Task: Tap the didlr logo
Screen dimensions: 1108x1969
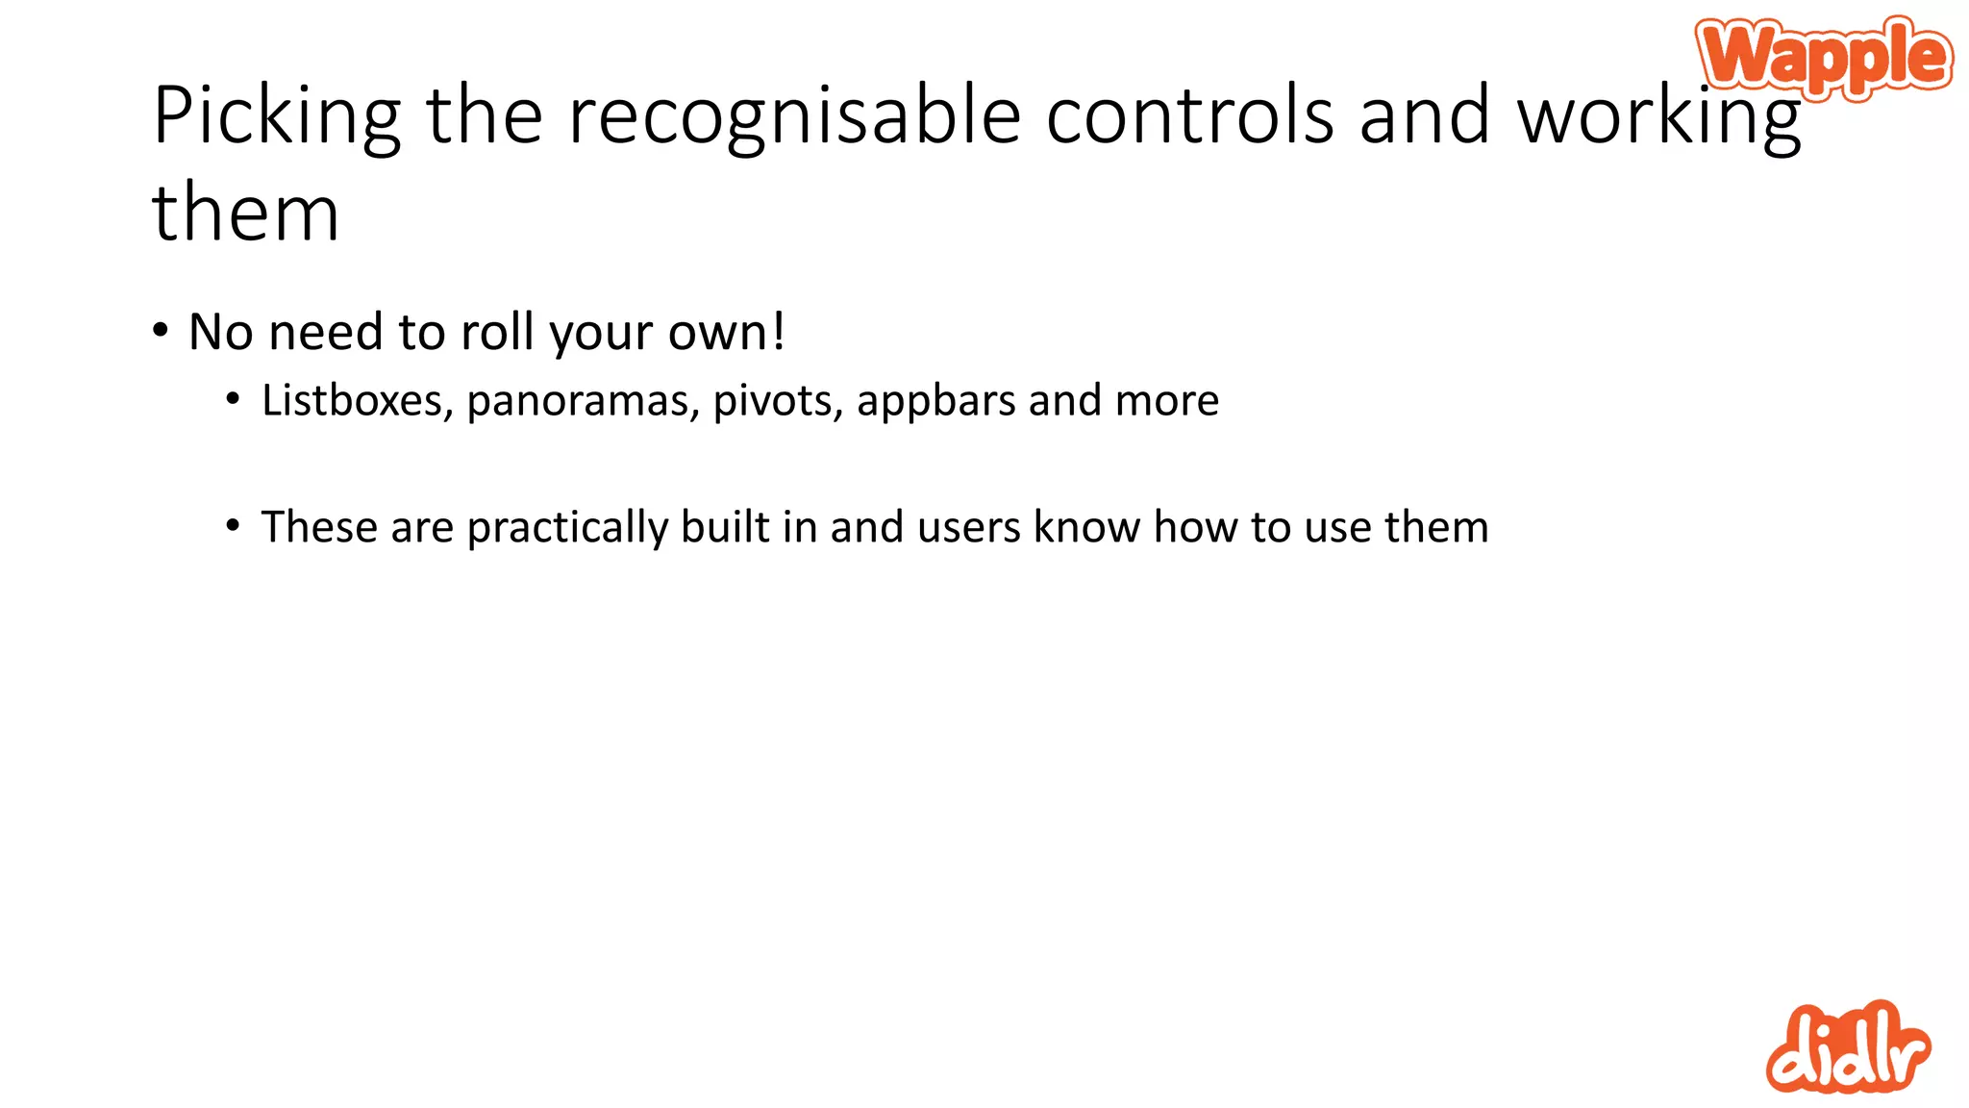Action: click(1847, 1048)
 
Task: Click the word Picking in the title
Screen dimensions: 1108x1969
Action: click(277, 116)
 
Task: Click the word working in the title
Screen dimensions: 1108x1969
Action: click(1658, 116)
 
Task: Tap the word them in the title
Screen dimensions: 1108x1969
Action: click(246, 213)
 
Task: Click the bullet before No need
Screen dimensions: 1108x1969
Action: click(161, 331)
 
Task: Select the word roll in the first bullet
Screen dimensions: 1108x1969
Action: click(497, 332)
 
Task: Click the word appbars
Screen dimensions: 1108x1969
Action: click(935, 401)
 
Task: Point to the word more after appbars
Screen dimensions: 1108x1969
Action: click(1166, 400)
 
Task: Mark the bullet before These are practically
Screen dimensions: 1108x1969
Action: click(233, 526)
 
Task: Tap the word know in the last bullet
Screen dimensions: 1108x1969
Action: click(1086, 526)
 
